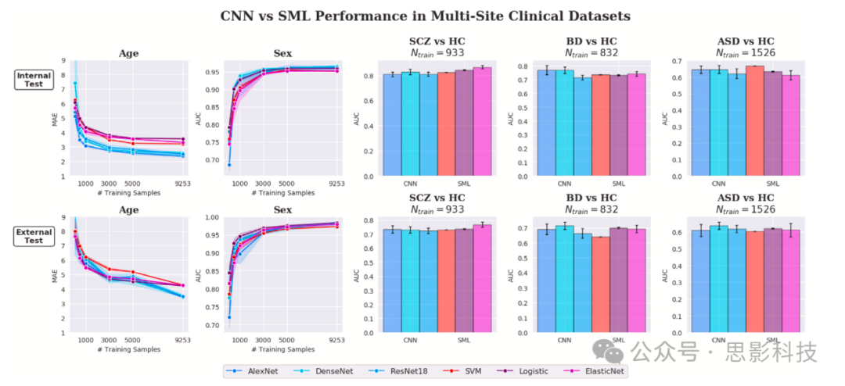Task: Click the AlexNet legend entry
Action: tap(250, 371)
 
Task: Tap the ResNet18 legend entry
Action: tap(393, 371)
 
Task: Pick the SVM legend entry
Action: tap(462, 371)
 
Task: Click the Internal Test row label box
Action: tap(34, 80)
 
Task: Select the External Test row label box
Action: tap(34, 236)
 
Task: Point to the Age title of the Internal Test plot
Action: tap(128, 54)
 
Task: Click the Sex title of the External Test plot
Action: tap(282, 210)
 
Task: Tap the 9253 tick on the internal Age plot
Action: tap(182, 184)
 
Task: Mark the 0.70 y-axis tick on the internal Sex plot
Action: tap(214, 160)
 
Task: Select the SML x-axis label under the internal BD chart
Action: tap(619, 184)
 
